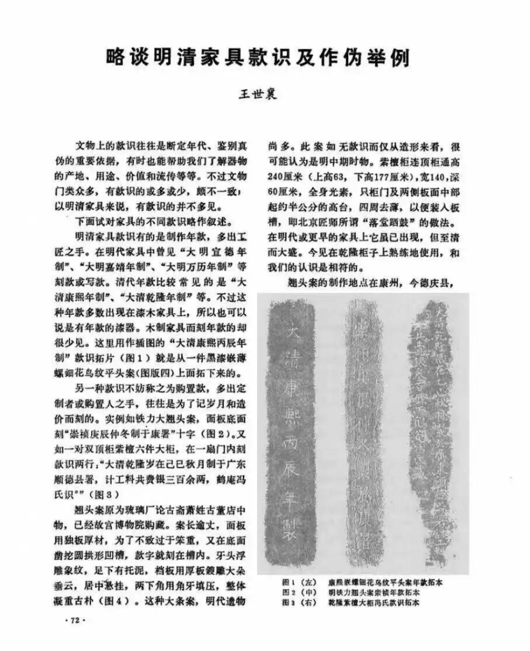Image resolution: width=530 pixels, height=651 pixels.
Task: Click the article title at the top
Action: tap(258, 58)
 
